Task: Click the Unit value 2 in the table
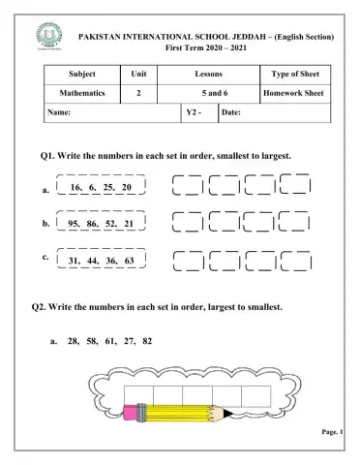pyautogui.click(x=138, y=94)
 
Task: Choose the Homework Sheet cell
pyautogui.click(x=296, y=94)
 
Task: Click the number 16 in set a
pyautogui.click(x=76, y=186)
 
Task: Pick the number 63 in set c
pyautogui.click(x=129, y=261)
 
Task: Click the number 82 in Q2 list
pyautogui.click(x=146, y=341)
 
